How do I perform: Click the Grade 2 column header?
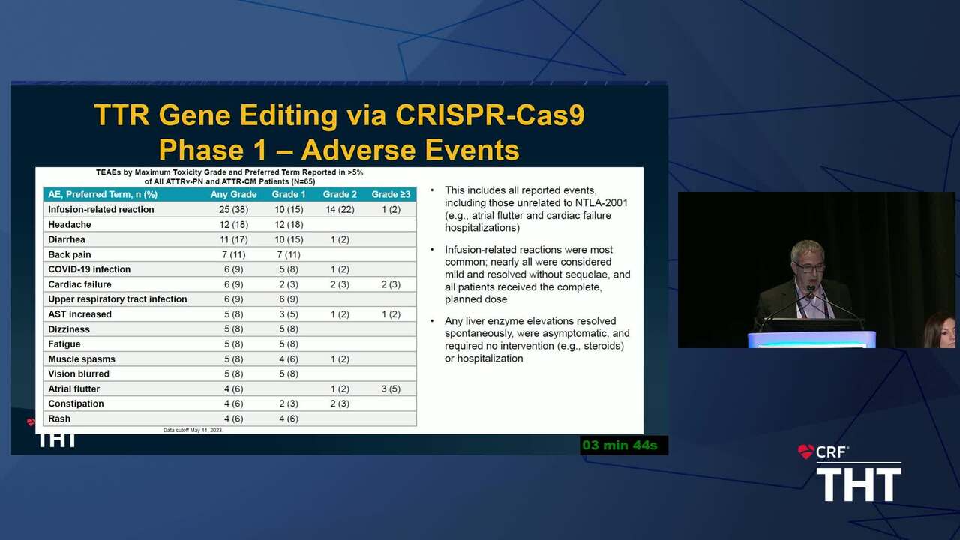[340, 194]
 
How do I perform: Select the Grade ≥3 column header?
[391, 194]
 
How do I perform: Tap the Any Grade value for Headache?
[233, 224]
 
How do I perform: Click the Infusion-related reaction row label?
[100, 209]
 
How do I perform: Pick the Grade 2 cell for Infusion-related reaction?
[340, 209]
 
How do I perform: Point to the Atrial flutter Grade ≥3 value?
[391, 388]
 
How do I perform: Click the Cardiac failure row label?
[79, 284]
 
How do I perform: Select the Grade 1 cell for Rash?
[289, 418]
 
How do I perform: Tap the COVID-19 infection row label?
[89, 269]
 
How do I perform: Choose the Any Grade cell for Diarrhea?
[233, 239]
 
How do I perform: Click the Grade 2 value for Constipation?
[340, 403]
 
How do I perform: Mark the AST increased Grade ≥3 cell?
[391, 314]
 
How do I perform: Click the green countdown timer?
[619, 445]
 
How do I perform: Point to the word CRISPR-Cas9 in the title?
[490, 115]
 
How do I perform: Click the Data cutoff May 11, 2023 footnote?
[193, 430]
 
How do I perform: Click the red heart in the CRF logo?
[805, 451]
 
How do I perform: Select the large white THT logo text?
[859, 484]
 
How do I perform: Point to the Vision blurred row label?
[79, 373]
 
